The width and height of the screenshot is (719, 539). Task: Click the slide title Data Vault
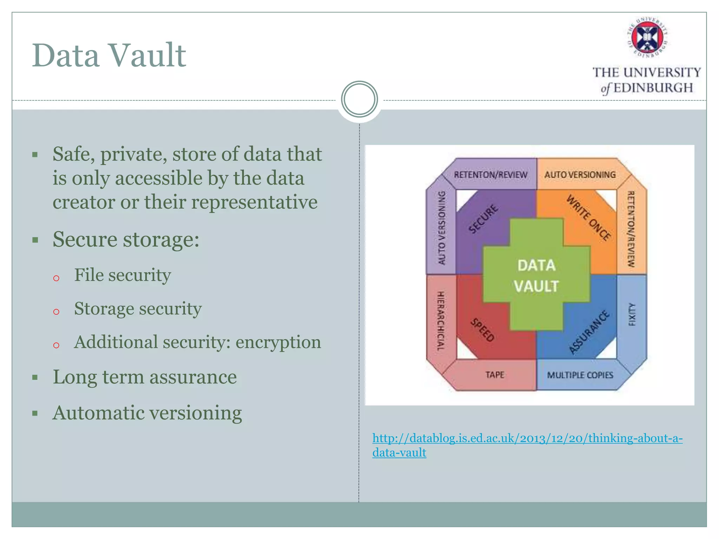[x=109, y=55]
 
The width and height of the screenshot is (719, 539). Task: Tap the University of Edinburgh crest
[x=647, y=37]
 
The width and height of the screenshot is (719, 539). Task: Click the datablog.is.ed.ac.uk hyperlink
[x=527, y=438]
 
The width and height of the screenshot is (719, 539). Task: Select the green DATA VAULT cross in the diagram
[x=536, y=275]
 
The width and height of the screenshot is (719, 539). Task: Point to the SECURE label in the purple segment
[x=483, y=219]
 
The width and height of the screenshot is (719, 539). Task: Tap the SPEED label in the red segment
[x=482, y=330]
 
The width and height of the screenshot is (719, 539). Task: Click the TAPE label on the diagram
[x=495, y=375]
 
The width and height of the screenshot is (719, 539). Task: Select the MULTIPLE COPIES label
[x=580, y=375]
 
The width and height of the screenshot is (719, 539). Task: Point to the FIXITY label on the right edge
[x=632, y=314]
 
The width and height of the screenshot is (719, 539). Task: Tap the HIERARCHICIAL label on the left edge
[x=441, y=321]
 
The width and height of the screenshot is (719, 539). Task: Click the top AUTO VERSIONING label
[x=580, y=174]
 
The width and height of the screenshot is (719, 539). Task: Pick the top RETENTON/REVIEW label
[x=490, y=174]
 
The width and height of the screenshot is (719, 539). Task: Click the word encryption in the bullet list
[x=278, y=342]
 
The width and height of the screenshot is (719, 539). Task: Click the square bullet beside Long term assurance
[x=35, y=378]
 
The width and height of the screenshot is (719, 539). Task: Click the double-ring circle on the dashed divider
[x=359, y=99]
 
